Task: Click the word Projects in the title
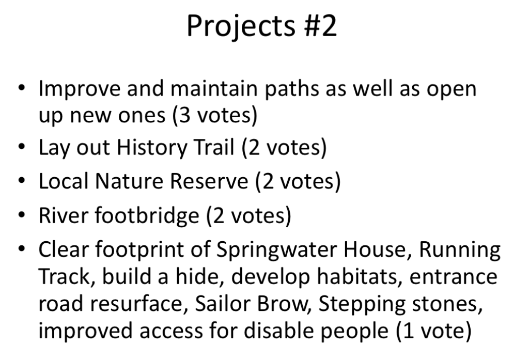click(x=241, y=26)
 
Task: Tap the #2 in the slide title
click(x=320, y=26)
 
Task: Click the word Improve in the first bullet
click(x=79, y=89)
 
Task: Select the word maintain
click(x=214, y=88)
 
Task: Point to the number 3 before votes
click(x=184, y=115)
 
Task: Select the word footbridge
click(x=147, y=215)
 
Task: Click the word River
click(x=64, y=215)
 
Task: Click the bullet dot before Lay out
click(x=22, y=147)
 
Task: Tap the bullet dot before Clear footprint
click(x=22, y=249)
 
